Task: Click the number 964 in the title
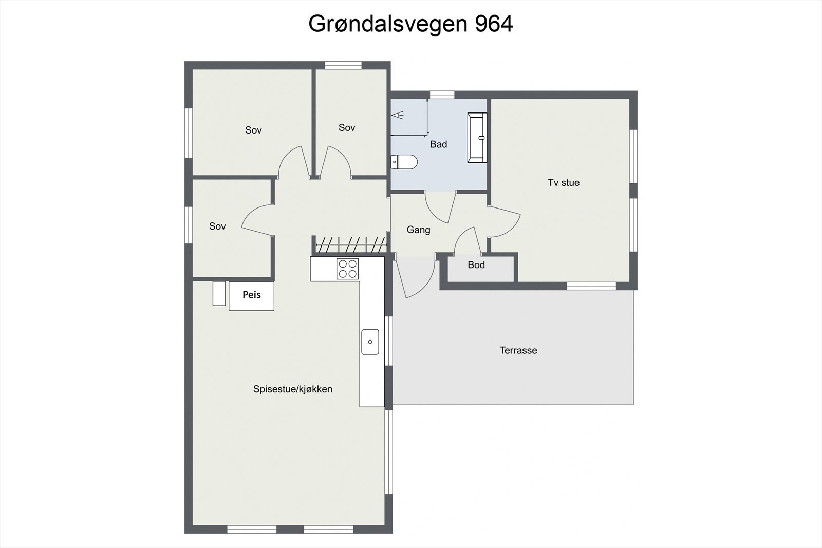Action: coord(494,24)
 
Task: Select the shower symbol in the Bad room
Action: coord(398,115)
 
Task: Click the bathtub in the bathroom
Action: coord(477,138)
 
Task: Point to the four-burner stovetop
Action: coord(347,269)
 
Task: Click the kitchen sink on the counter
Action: coord(370,342)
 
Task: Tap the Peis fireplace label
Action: coord(252,295)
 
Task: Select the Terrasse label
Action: coord(518,350)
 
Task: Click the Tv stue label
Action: coord(564,182)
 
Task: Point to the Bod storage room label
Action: coord(476,265)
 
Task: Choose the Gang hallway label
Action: coord(418,230)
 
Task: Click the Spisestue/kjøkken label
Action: coord(293,389)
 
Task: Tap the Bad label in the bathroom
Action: coord(438,144)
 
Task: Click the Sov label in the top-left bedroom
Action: coord(253,130)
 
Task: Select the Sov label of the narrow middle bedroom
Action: coord(347,127)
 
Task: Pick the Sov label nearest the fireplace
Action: coord(217,226)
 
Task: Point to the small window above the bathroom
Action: coord(442,95)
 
